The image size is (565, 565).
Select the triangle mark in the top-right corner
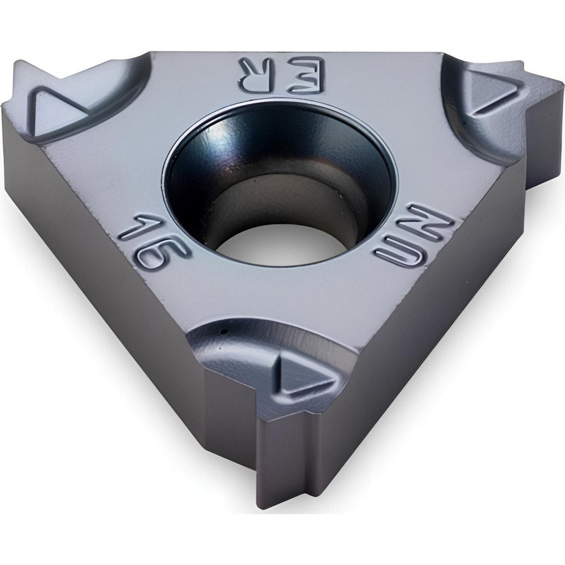pyautogui.click(x=492, y=90)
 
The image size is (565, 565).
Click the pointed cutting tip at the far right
pyautogui.click(x=557, y=85)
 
